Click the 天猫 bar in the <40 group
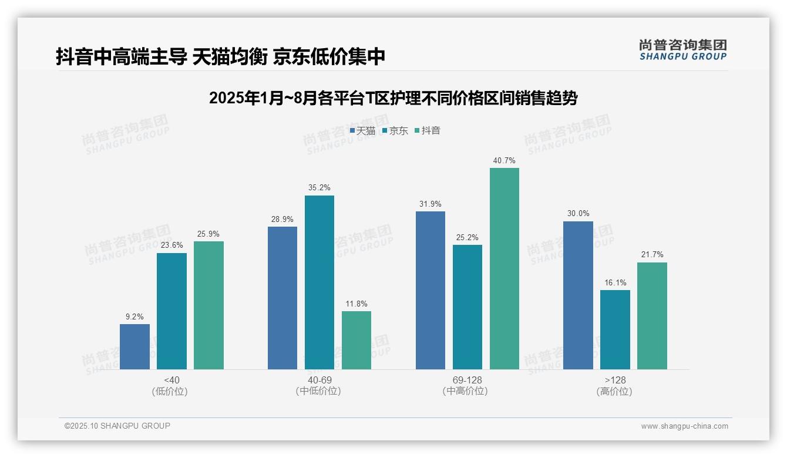pyautogui.click(x=134, y=346)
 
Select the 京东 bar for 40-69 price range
pyautogui.click(x=319, y=282)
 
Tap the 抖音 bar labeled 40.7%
pyautogui.click(x=504, y=268)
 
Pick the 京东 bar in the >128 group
pyautogui.click(x=615, y=329)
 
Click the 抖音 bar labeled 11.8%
pyautogui.click(x=356, y=340)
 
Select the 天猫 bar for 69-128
pyautogui.click(x=430, y=290)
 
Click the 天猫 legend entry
pyautogui.click(x=362, y=130)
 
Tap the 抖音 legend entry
pyautogui.click(x=428, y=130)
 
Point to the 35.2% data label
pyautogui.click(x=319, y=188)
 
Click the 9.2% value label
pyautogui.click(x=134, y=316)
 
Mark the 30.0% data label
pyautogui.click(x=578, y=214)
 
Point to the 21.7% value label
pyautogui.click(x=652, y=255)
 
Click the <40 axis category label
pyautogui.click(x=171, y=380)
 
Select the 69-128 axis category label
pyautogui.click(x=467, y=380)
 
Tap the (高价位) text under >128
pyautogui.click(x=614, y=392)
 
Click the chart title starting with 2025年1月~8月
pyautogui.click(x=393, y=98)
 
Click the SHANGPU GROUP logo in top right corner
pyautogui.click(x=682, y=50)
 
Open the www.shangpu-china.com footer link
pyautogui.click(x=684, y=426)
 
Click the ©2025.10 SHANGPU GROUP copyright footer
pyautogui.click(x=117, y=426)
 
